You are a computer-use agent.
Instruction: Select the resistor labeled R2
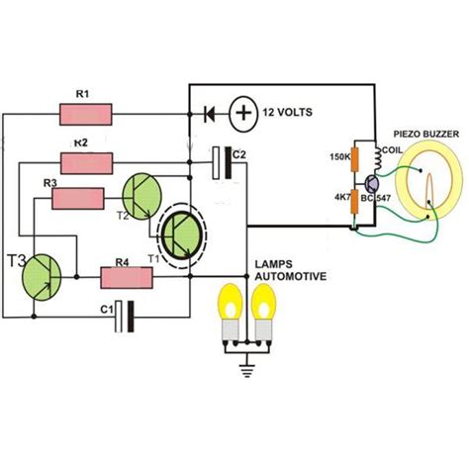tap(88, 160)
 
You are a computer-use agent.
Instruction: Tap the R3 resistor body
tap(78, 199)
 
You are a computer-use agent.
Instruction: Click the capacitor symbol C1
tap(123, 316)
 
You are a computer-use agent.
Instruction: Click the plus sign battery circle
tap(242, 113)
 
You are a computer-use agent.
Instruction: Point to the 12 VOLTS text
tap(290, 114)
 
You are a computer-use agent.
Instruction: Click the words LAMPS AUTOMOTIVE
tap(292, 273)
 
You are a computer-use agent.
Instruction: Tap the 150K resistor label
tap(339, 156)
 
